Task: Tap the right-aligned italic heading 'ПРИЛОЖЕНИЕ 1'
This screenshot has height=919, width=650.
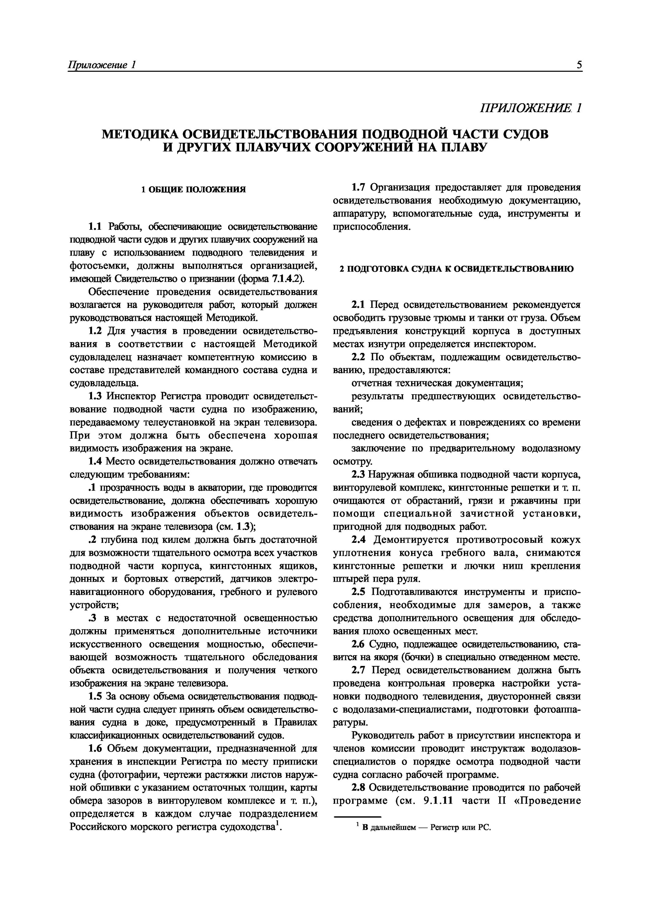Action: (531, 108)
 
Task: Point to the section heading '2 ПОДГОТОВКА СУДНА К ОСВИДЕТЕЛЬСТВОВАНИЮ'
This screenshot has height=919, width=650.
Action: (457, 269)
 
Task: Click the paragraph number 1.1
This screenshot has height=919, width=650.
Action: (94, 227)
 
